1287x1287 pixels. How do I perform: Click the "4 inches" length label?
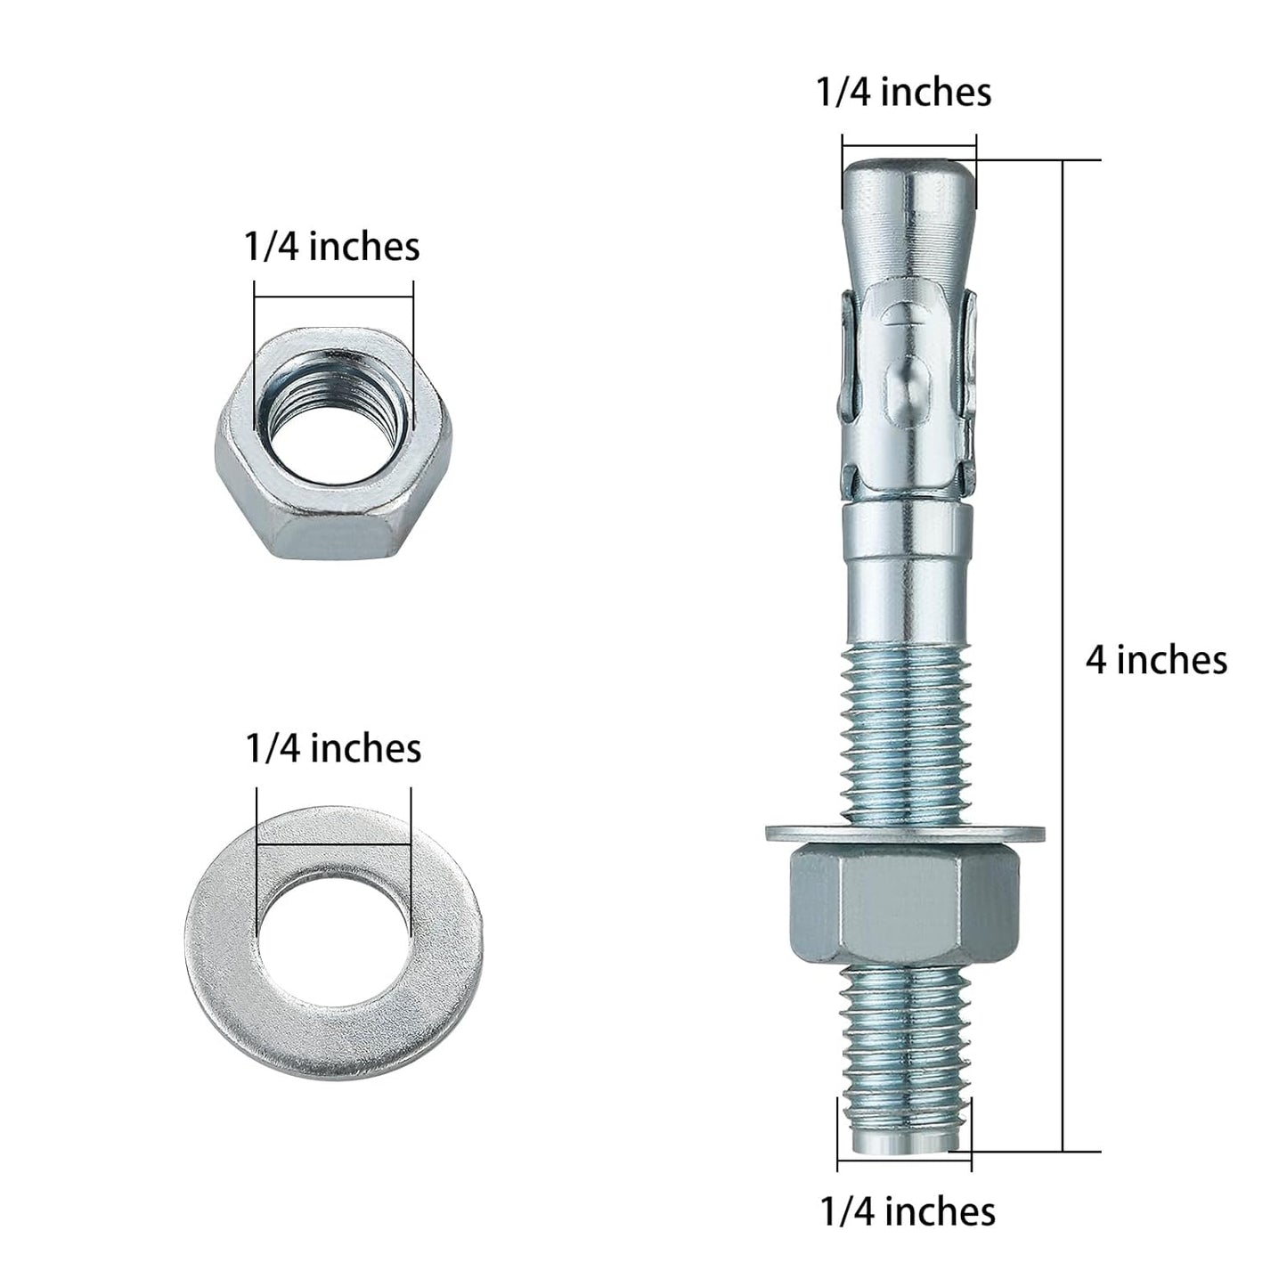pyautogui.click(x=1155, y=660)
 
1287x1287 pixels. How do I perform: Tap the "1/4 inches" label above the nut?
pyautogui.click(x=331, y=246)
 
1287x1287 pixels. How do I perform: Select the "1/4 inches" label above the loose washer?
pyautogui.click(x=333, y=748)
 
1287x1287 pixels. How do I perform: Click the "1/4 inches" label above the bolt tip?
pyautogui.click(x=904, y=92)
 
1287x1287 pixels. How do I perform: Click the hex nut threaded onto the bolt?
pyautogui.click(x=905, y=908)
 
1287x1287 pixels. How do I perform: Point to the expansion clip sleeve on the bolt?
pyautogui.click(x=907, y=392)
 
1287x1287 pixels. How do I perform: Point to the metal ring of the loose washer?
pyautogui.click(x=223, y=944)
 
